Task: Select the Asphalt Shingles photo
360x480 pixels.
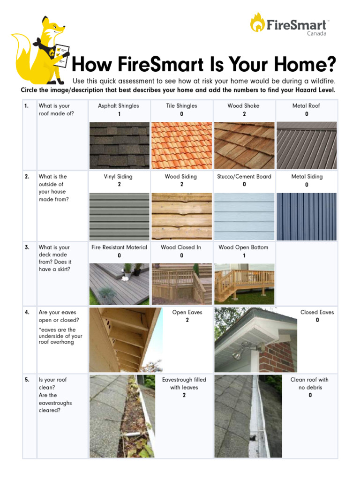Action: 119,145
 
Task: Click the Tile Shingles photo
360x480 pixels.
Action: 181,145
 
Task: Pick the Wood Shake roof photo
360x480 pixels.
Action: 244,145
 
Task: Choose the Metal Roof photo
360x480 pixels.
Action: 307,145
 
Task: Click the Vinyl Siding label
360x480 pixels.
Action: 118,177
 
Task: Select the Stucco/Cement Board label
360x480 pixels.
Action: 244,177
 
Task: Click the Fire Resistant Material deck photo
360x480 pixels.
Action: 119,284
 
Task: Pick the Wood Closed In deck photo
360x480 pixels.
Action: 181,284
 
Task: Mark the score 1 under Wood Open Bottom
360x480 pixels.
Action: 244,255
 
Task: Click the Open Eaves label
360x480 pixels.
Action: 187,312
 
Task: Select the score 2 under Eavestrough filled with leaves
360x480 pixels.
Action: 184,396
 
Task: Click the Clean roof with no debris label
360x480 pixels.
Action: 309,383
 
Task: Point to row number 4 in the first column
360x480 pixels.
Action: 27,312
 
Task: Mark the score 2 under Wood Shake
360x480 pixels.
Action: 244,114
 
